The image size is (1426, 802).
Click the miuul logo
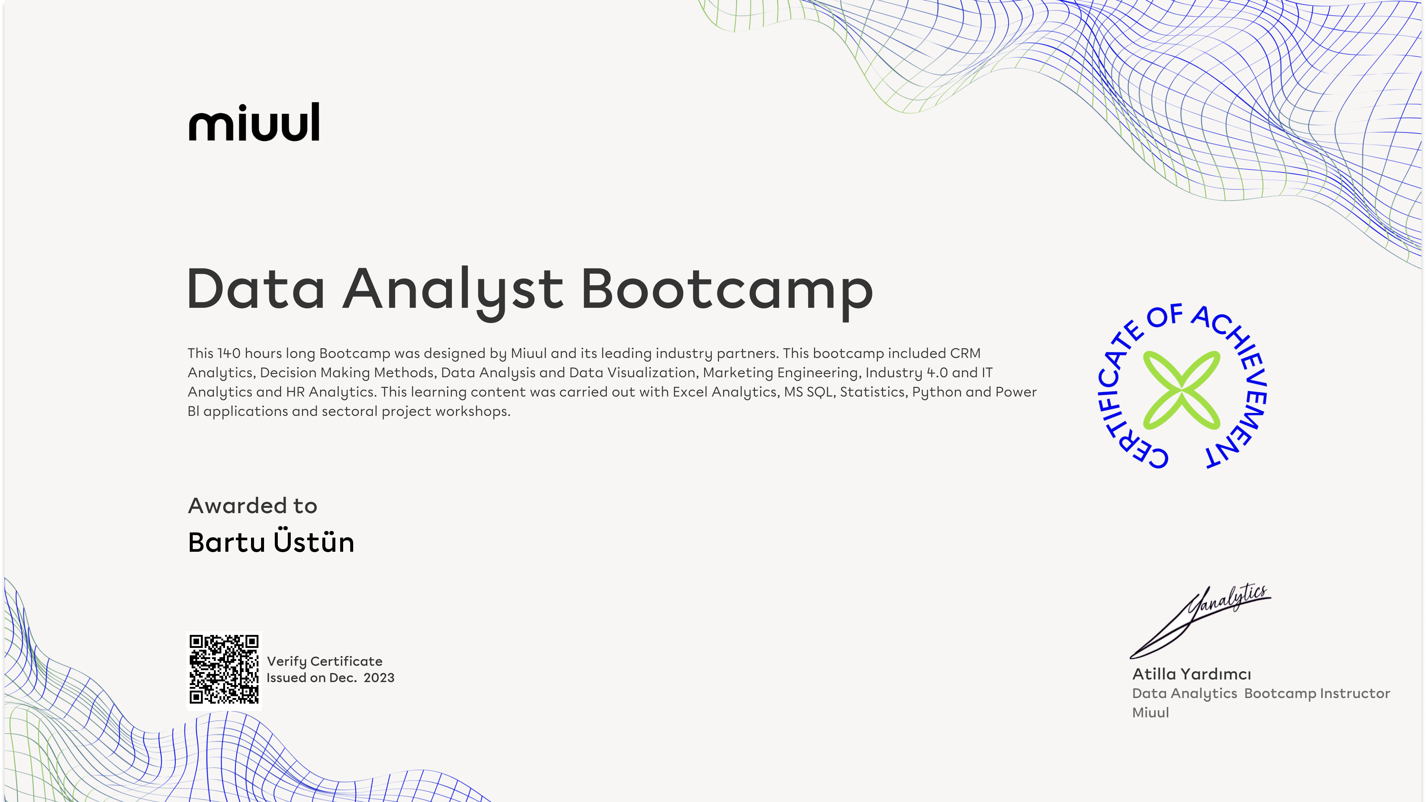[x=254, y=122]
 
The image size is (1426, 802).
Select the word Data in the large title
[x=256, y=288]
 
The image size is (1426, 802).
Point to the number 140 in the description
[x=229, y=353]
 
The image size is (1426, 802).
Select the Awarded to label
[x=253, y=506]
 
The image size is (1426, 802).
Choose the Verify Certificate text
[x=325, y=661]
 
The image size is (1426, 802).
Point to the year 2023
[x=379, y=678]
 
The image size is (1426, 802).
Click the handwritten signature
[x=1200, y=621]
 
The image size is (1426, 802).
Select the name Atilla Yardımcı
[x=1191, y=674]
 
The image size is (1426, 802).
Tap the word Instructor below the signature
[x=1355, y=694]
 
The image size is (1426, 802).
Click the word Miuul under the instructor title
[x=1150, y=713]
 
